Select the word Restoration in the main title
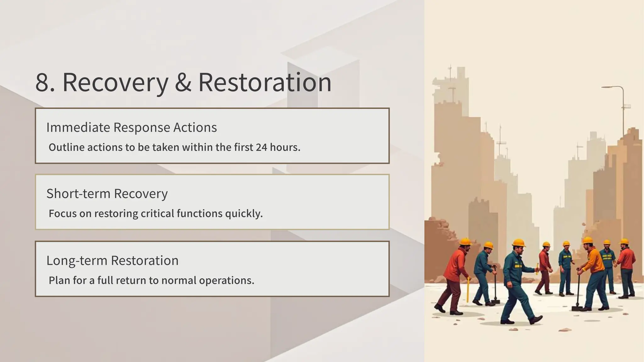pos(265,83)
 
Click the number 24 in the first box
pos(261,147)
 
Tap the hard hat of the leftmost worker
pos(465,242)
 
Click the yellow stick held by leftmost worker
pos(468,289)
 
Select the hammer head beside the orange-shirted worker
pos(577,309)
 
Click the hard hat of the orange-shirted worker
pos(587,240)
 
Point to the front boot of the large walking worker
pos(536,320)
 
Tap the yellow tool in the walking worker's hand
pos(537,268)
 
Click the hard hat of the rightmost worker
pos(624,241)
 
